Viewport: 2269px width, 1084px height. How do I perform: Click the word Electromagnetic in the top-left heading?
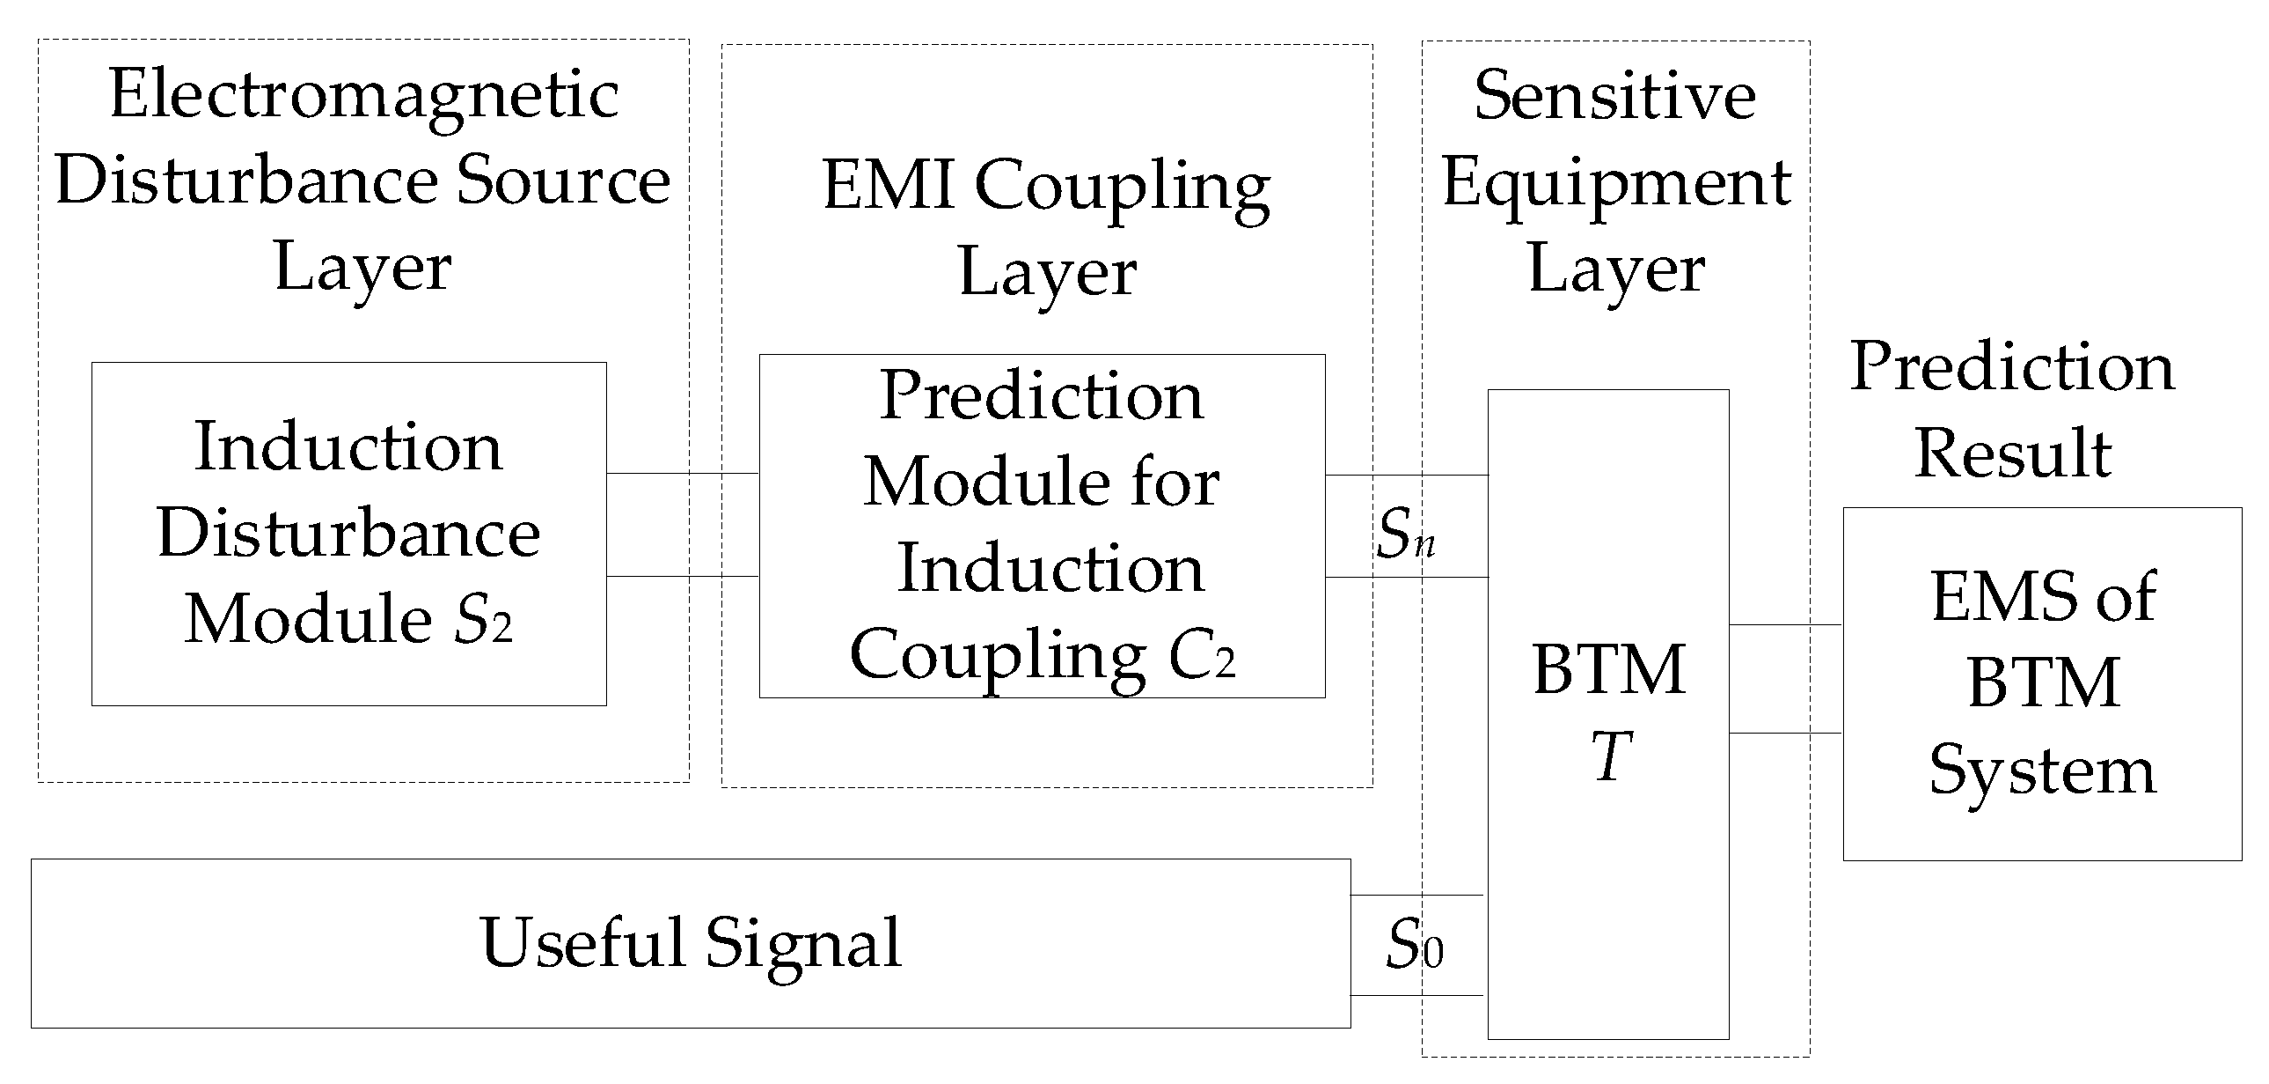pyautogui.click(x=363, y=95)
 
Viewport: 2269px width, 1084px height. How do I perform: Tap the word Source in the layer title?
pyautogui.click(x=564, y=181)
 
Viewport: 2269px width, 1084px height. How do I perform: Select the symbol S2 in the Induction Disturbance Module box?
pyautogui.click(x=482, y=620)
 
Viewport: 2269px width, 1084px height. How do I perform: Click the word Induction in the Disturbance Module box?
pyautogui.click(x=348, y=447)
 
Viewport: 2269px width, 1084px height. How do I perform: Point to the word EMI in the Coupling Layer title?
pyautogui.click(x=888, y=186)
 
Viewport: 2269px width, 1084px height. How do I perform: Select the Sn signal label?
pyautogui.click(x=1406, y=535)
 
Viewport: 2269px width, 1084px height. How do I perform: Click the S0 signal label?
pyautogui.click(x=1415, y=946)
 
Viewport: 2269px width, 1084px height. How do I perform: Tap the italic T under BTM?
pyautogui.click(x=1611, y=756)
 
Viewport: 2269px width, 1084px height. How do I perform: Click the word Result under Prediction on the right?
pyautogui.click(x=2013, y=453)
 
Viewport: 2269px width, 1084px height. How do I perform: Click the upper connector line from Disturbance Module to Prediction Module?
pyautogui.click(x=683, y=473)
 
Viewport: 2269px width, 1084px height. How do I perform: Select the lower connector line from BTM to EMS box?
pyautogui.click(x=1785, y=733)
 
